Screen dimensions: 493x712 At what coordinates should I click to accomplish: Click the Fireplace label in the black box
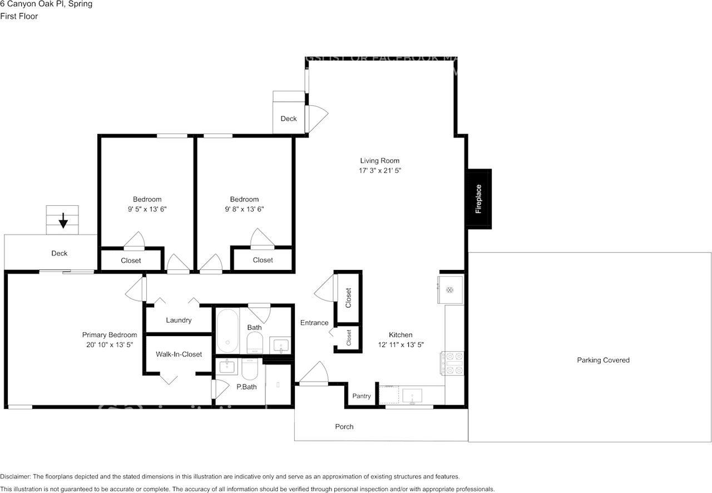coord(478,199)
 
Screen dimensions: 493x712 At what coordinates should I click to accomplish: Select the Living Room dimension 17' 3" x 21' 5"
coord(380,171)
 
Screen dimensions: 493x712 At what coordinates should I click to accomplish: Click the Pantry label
coord(361,396)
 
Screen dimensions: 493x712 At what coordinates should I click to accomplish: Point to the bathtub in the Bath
coord(227,331)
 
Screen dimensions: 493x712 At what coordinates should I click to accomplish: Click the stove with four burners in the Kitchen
coord(453,364)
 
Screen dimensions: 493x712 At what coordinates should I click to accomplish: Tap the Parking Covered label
coord(603,360)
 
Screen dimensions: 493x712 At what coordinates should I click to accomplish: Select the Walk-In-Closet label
coord(179,354)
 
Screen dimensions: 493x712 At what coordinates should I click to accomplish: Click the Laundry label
coord(179,320)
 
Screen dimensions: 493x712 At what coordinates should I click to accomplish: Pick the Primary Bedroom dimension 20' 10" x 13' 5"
coord(109,345)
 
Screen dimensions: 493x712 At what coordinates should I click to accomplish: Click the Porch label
coord(344,427)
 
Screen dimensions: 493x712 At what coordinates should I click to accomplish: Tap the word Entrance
coord(314,323)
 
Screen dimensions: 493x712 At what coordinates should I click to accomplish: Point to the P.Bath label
coord(246,387)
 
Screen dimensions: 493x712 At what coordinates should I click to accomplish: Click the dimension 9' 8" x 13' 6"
coord(244,209)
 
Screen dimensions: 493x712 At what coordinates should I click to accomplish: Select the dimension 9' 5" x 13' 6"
coord(147,209)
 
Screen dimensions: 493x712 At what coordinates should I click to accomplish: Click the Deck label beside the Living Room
coord(289,119)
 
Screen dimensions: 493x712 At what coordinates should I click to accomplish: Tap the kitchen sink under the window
coord(412,396)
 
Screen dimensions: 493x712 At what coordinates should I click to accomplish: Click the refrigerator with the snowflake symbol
coord(451,289)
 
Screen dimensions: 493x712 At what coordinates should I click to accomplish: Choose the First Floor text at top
coord(19,16)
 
